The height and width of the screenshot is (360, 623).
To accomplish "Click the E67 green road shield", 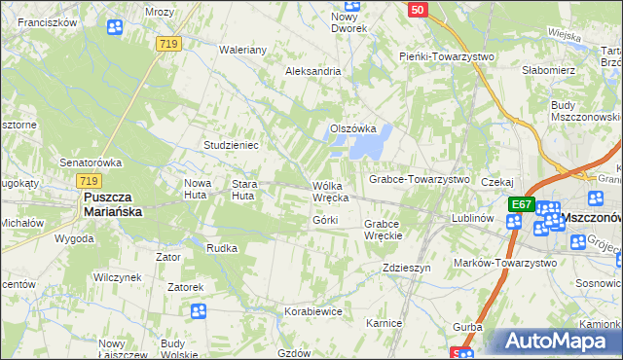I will (522, 204).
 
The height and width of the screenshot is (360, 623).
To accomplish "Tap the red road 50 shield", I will (417, 9).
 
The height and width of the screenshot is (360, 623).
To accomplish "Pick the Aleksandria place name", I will (312, 71).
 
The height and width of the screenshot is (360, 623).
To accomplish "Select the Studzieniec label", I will (230, 145).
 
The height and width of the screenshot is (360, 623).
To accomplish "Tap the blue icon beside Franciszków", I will (114, 27).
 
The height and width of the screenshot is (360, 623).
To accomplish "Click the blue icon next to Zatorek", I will (199, 311).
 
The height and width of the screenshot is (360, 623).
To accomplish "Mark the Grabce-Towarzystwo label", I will (419, 180).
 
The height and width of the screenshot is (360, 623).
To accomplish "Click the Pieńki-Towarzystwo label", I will (447, 56).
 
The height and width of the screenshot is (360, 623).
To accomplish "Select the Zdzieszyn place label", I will (406, 268).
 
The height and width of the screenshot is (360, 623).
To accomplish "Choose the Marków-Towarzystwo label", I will (505, 263).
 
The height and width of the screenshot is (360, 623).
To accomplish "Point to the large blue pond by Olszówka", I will (369, 144).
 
